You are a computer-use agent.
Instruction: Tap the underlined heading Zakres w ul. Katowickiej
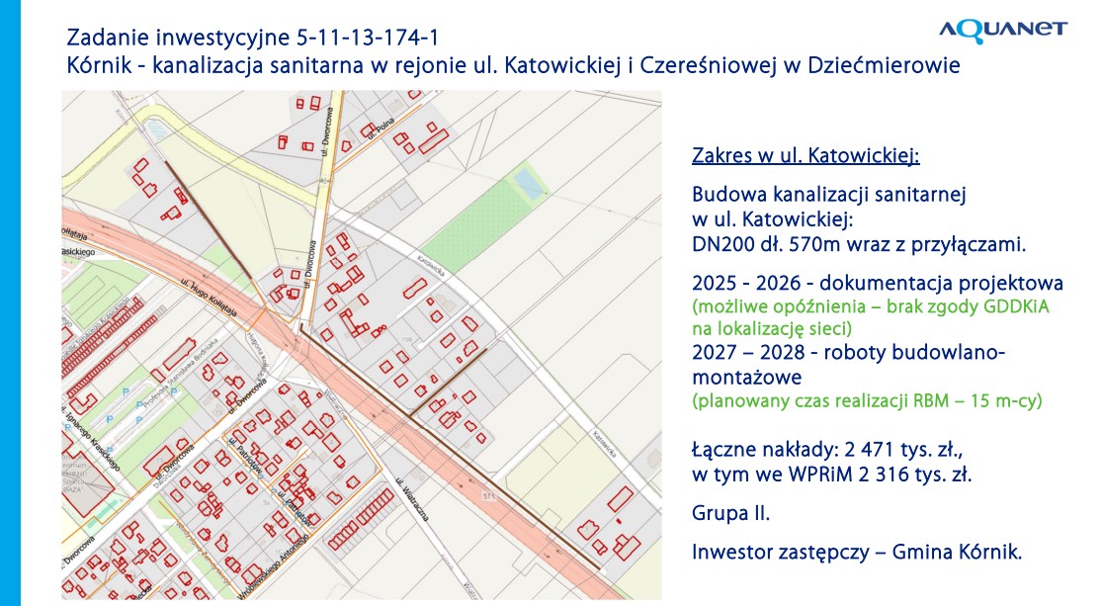pyautogui.click(x=805, y=156)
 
